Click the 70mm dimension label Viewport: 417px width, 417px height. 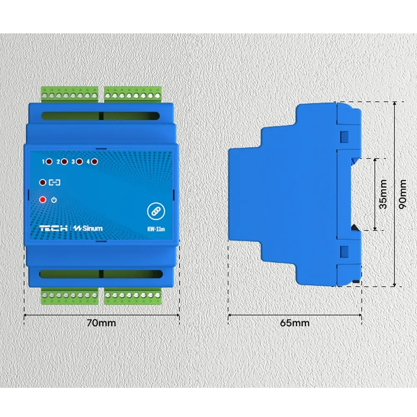(x=101, y=323)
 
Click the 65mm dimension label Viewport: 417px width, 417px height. (x=295, y=323)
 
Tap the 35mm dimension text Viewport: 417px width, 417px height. (x=383, y=194)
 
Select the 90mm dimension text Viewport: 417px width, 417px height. (x=403, y=194)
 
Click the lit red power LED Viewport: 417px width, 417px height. (x=43, y=199)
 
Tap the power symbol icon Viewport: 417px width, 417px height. (x=54, y=200)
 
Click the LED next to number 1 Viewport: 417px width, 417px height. (x=49, y=161)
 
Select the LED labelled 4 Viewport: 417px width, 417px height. (x=94, y=161)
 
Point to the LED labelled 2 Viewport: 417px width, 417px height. (x=64, y=161)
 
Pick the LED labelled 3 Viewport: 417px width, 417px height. (x=79, y=161)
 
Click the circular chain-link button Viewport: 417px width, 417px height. (x=156, y=211)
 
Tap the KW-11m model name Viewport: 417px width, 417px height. (x=156, y=229)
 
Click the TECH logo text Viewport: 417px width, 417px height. (x=53, y=228)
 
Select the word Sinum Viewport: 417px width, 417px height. (x=92, y=228)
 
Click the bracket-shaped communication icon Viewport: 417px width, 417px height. (x=55, y=183)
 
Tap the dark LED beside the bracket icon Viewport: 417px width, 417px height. (x=43, y=183)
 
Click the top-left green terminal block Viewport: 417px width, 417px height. (x=70, y=94)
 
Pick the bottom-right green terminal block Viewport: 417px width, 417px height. (x=133, y=296)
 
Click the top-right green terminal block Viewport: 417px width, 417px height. (x=133, y=94)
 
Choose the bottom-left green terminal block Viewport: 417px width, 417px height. (x=70, y=296)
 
